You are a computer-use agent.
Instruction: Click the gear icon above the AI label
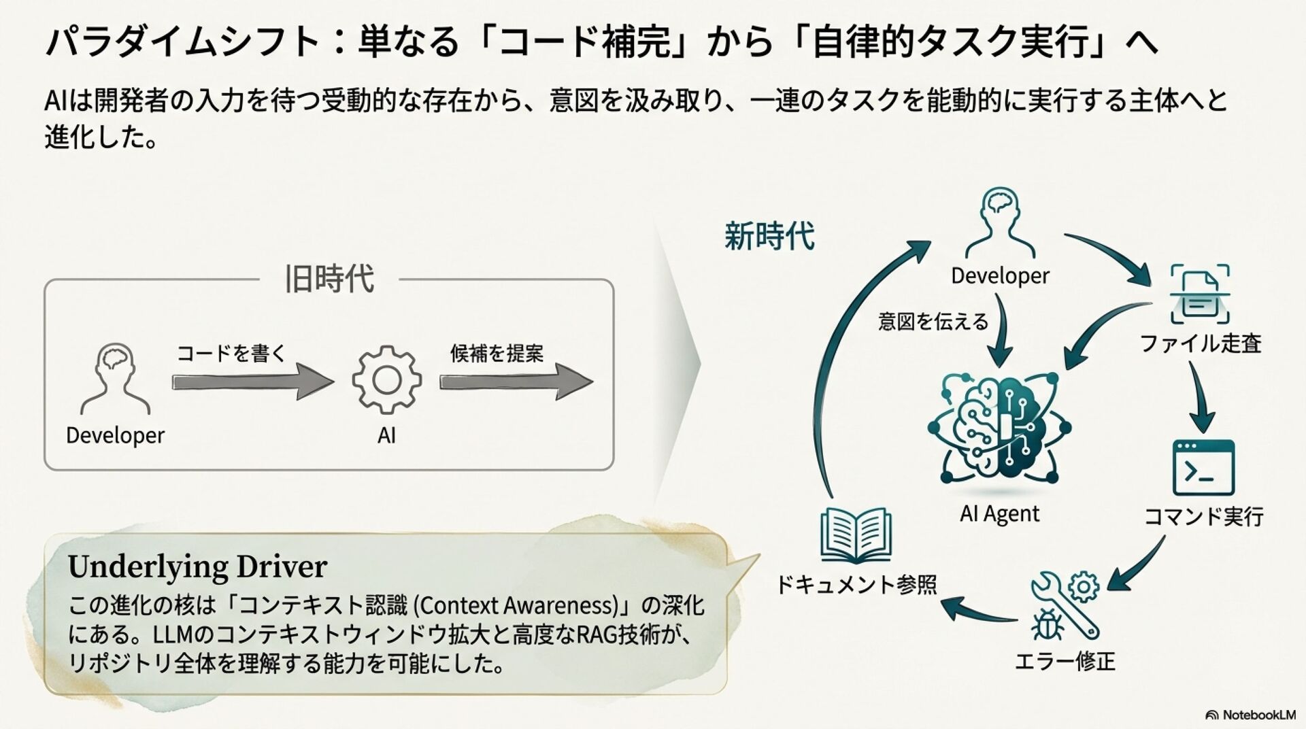pyautogui.click(x=386, y=379)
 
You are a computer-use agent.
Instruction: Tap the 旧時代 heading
pyautogui.click(x=329, y=279)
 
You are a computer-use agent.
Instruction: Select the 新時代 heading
pyautogui.click(x=769, y=237)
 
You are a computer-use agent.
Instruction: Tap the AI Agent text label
pyautogui.click(x=999, y=513)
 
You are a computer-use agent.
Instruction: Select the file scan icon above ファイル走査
pyautogui.click(x=1200, y=294)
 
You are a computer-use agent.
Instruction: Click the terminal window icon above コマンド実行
pyautogui.click(x=1203, y=467)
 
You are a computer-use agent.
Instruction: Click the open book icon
pyautogui.click(x=856, y=535)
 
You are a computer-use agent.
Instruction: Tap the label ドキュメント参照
pyautogui.click(x=856, y=584)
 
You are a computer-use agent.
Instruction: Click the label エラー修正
pyautogui.click(x=1065, y=661)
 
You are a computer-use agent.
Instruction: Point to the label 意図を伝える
pyautogui.click(x=933, y=321)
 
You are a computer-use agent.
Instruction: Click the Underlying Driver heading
pyautogui.click(x=197, y=566)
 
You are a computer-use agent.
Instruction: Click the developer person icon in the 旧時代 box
pyautogui.click(x=115, y=379)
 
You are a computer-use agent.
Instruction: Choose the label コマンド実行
pyautogui.click(x=1203, y=517)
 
